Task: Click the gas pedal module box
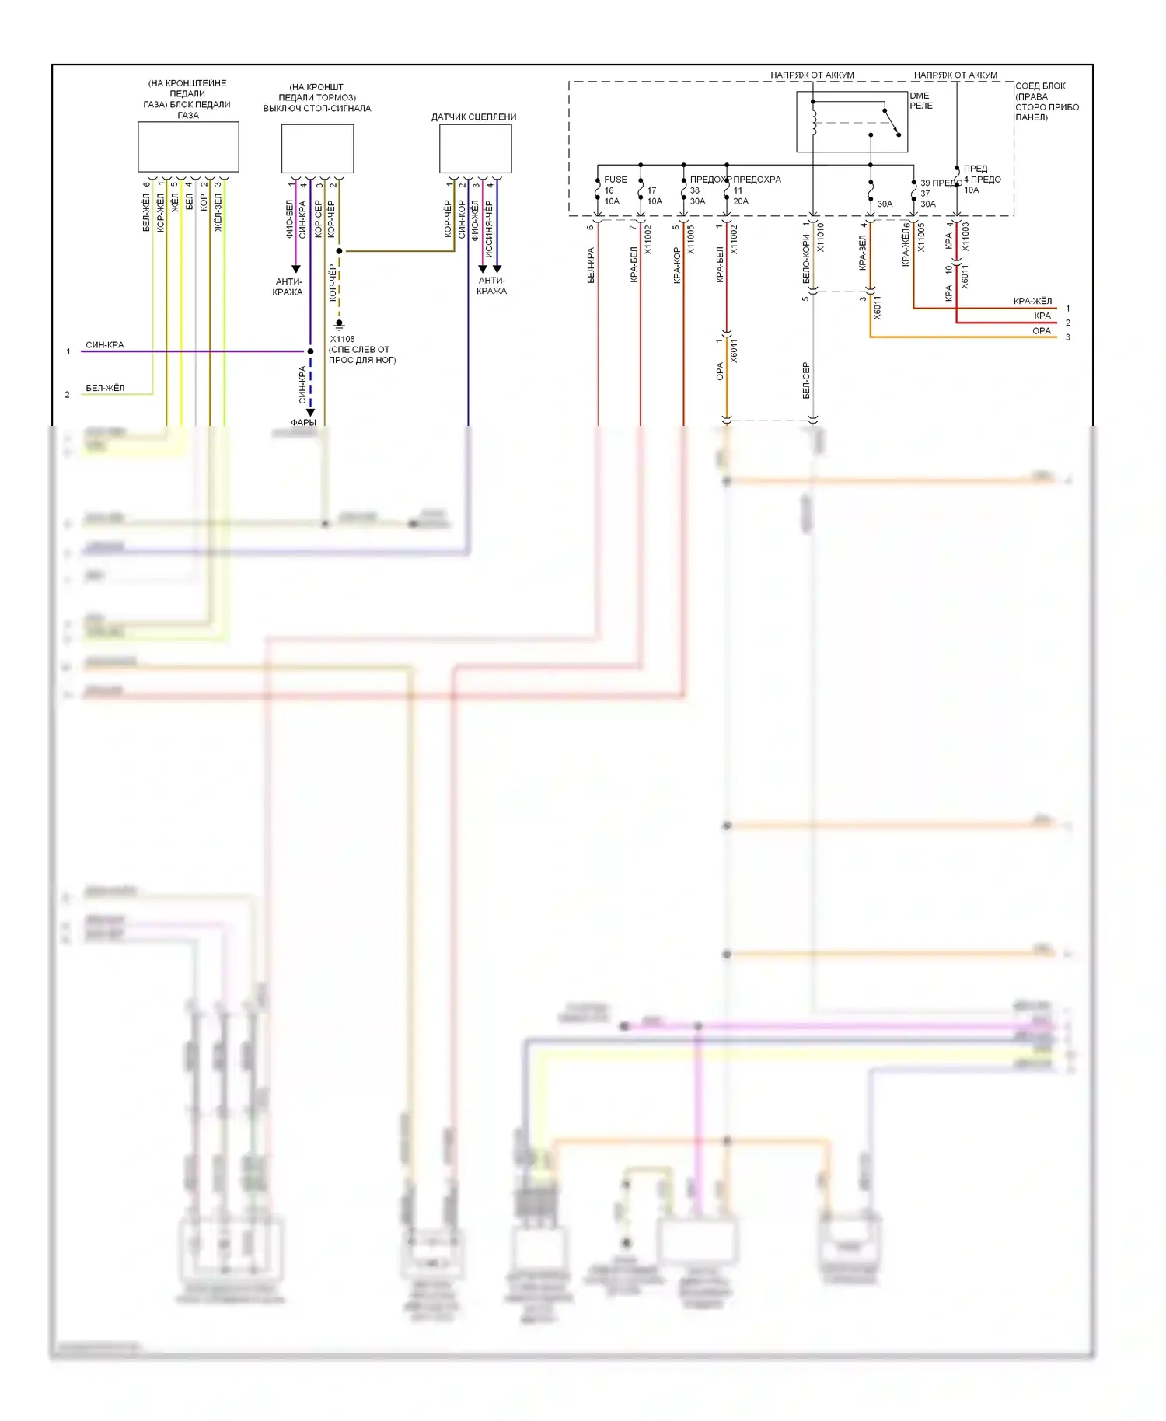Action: tap(188, 147)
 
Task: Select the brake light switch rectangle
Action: tap(317, 148)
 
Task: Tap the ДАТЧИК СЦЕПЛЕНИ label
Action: tap(473, 117)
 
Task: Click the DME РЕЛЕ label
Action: tap(921, 101)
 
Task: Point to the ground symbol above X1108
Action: tap(339, 325)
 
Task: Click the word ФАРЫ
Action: tap(303, 423)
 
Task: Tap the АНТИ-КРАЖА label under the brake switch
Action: tap(288, 287)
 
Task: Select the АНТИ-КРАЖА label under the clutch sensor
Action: tap(491, 285)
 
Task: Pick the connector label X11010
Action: tap(821, 237)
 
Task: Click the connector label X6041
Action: tap(734, 351)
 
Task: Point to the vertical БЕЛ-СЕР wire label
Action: tap(806, 381)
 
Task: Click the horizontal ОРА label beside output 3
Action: tap(1042, 331)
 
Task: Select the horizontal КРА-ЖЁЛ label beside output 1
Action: tap(1032, 302)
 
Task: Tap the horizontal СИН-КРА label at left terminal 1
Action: tap(104, 345)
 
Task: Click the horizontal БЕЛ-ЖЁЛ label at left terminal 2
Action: tap(105, 388)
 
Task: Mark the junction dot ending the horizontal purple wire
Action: tap(310, 351)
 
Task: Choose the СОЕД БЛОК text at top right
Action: tap(1040, 86)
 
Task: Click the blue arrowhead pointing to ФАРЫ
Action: tap(310, 413)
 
